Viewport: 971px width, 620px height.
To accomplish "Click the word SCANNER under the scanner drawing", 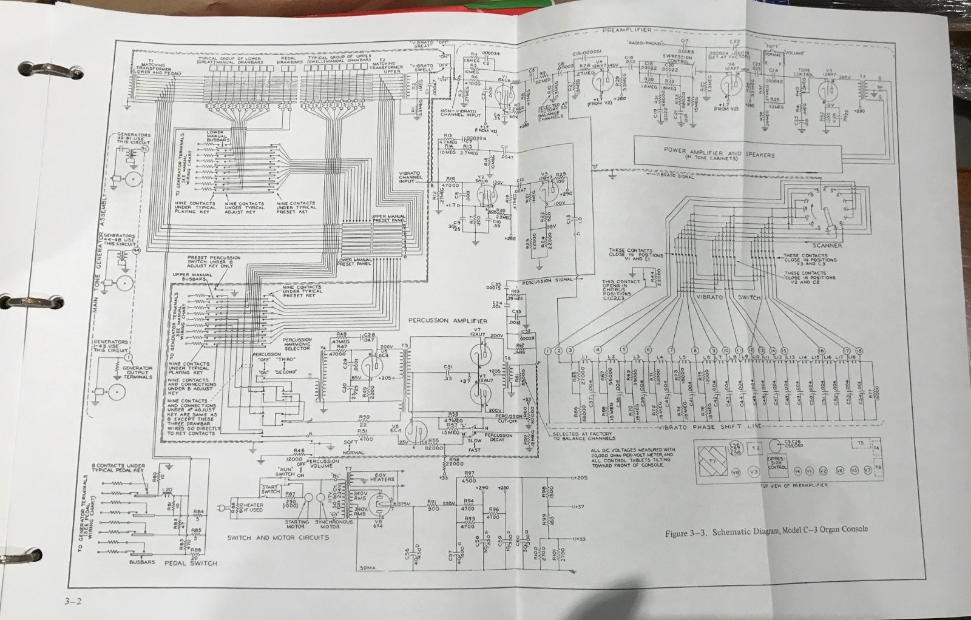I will point(827,245).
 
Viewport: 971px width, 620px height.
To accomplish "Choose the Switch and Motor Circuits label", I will point(278,537).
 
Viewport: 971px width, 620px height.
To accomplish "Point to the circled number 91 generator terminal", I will point(144,147).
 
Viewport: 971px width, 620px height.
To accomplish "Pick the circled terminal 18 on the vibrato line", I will point(859,351).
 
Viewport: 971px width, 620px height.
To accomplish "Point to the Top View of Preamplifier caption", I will point(786,485).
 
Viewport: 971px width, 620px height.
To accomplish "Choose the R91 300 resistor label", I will point(431,505).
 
